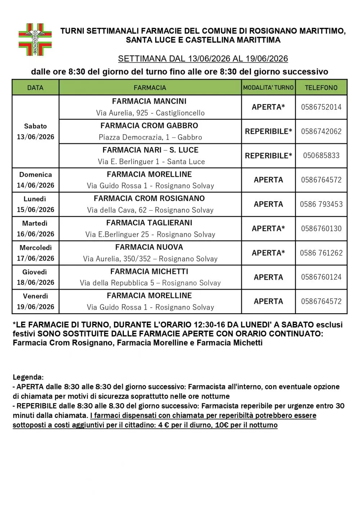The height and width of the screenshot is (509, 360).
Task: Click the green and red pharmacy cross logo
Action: pos(35,40)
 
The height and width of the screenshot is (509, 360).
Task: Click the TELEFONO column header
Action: pos(321,87)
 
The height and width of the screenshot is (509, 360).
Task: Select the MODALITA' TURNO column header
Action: pos(268,87)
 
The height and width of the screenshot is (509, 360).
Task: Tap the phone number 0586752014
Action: pos(321,107)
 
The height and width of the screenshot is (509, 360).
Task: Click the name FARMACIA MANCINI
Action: pos(149,101)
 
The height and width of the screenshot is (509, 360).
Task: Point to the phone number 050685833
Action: pos(321,156)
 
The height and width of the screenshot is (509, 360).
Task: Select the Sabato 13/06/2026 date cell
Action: pos(35,131)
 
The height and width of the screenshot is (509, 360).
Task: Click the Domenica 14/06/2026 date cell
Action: pos(35,180)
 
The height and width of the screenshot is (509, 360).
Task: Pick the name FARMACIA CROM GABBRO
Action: pos(149,126)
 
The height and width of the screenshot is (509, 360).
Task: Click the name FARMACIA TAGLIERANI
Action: pos(149,223)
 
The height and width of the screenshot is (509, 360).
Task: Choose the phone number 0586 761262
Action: pos(321,253)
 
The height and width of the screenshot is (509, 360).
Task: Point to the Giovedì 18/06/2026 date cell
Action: pos(35,277)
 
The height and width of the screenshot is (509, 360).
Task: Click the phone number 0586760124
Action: pos(321,277)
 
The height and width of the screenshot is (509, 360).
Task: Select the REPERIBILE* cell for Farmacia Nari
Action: pos(268,156)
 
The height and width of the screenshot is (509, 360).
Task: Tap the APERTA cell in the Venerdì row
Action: pos(268,301)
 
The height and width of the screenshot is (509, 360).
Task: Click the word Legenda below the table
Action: pos(28,377)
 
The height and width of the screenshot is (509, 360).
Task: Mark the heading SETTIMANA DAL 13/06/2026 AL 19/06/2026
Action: pos(203,59)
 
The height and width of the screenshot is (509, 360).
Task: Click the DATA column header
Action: pos(35,87)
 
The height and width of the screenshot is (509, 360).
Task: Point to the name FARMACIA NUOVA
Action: pos(149,247)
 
